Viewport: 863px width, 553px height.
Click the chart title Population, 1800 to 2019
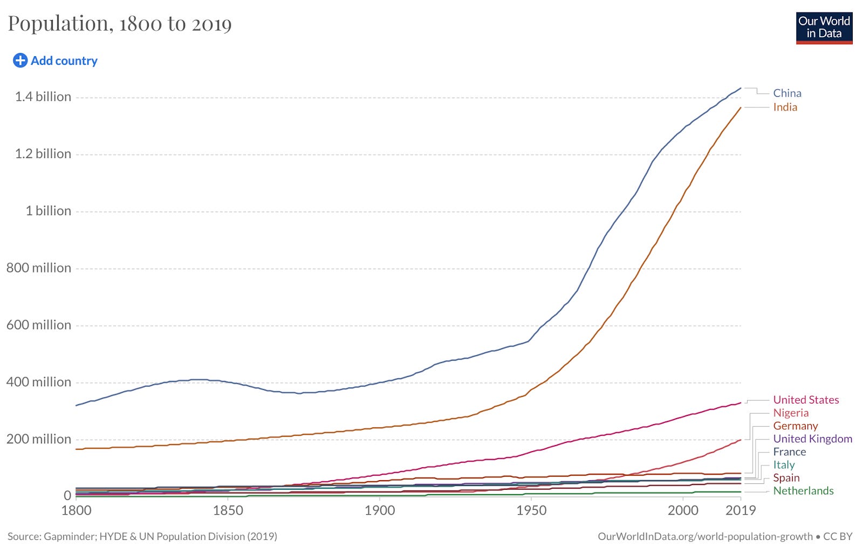point(120,24)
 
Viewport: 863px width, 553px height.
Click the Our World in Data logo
point(824,28)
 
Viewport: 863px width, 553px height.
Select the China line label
point(787,93)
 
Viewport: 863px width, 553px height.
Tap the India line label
point(785,107)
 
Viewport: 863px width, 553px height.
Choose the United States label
point(806,400)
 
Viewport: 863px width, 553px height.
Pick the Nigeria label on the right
point(791,413)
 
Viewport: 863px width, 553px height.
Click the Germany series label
point(795,426)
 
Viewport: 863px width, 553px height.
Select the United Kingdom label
point(812,439)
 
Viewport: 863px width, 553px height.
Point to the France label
point(789,452)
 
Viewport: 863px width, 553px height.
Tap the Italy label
point(784,465)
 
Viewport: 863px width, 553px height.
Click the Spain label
point(786,477)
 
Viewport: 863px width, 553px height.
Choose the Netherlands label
point(803,490)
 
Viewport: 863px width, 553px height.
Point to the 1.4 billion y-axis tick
point(43,97)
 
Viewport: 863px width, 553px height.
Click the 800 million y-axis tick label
point(39,268)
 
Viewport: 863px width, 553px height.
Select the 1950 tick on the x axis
point(531,510)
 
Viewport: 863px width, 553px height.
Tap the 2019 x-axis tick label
point(740,510)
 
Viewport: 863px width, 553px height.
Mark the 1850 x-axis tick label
point(228,510)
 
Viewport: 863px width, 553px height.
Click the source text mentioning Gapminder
point(142,536)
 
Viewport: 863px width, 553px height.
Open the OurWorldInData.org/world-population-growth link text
point(704,536)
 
